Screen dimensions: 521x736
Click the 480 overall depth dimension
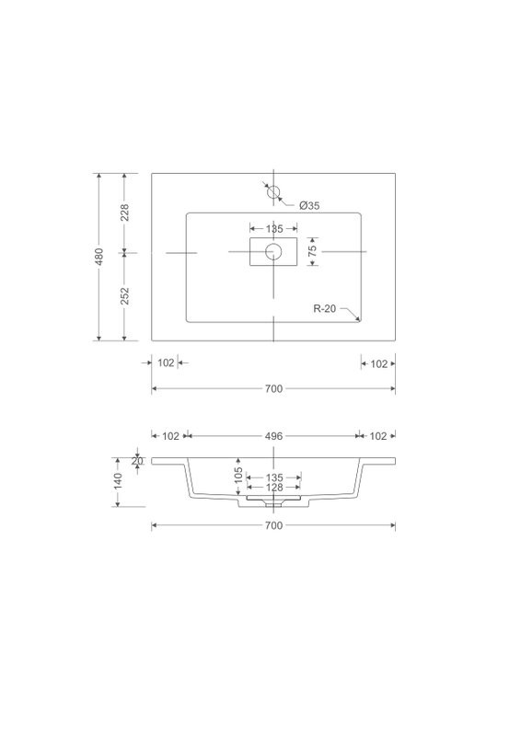pyautogui.click(x=99, y=257)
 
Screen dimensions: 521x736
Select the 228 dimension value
pyautogui.click(x=124, y=213)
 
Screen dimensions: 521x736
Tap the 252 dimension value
pyautogui.click(x=124, y=295)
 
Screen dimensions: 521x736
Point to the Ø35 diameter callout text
pyautogui.click(x=309, y=205)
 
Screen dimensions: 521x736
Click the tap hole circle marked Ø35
pyautogui.click(x=273, y=192)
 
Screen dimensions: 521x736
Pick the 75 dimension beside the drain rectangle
pyautogui.click(x=312, y=250)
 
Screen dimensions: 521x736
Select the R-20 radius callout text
pyautogui.click(x=325, y=308)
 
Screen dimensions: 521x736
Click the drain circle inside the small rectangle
pyautogui.click(x=273, y=251)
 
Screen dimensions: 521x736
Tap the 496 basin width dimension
pyautogui.click(x=274, y=436)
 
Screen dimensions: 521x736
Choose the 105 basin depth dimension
pyautogui.click(x=238, y=475)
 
